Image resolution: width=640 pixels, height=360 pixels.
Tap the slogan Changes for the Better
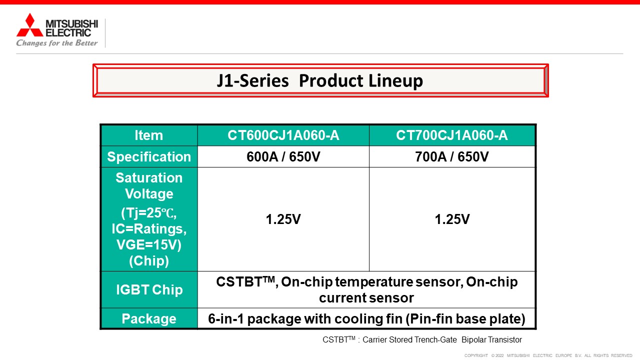(x=57, y=43)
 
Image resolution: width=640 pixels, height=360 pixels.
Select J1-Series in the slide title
(x=252, y=80)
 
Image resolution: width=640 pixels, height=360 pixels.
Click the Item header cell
(x=149, y=135)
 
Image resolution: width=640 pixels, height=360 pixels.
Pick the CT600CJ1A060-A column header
(x=283, y=135)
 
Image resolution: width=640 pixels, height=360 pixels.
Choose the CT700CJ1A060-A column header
(x=452, y=135)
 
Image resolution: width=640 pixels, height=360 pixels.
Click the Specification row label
(x=149, y=156)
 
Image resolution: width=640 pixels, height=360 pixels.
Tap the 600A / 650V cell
(x=283, y=156)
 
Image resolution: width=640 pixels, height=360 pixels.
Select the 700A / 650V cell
(x=452, y=156)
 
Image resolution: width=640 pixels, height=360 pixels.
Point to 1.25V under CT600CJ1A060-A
(x=283, y=219)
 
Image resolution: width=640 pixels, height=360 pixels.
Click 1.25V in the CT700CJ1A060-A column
(x=452, y=219)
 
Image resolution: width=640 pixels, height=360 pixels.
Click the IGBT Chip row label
(x=149, y=289)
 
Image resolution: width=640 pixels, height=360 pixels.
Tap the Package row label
(x=149, y=319)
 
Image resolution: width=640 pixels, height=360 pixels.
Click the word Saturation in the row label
(x=149, y=177)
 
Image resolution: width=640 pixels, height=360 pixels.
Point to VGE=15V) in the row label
(x=149, y=245)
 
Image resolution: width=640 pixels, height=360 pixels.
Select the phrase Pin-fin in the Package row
(x=429, y=319)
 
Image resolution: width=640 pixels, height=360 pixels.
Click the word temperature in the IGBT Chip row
(x=374, y=282)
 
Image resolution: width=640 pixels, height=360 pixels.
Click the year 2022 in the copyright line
(x=499, y=355)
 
